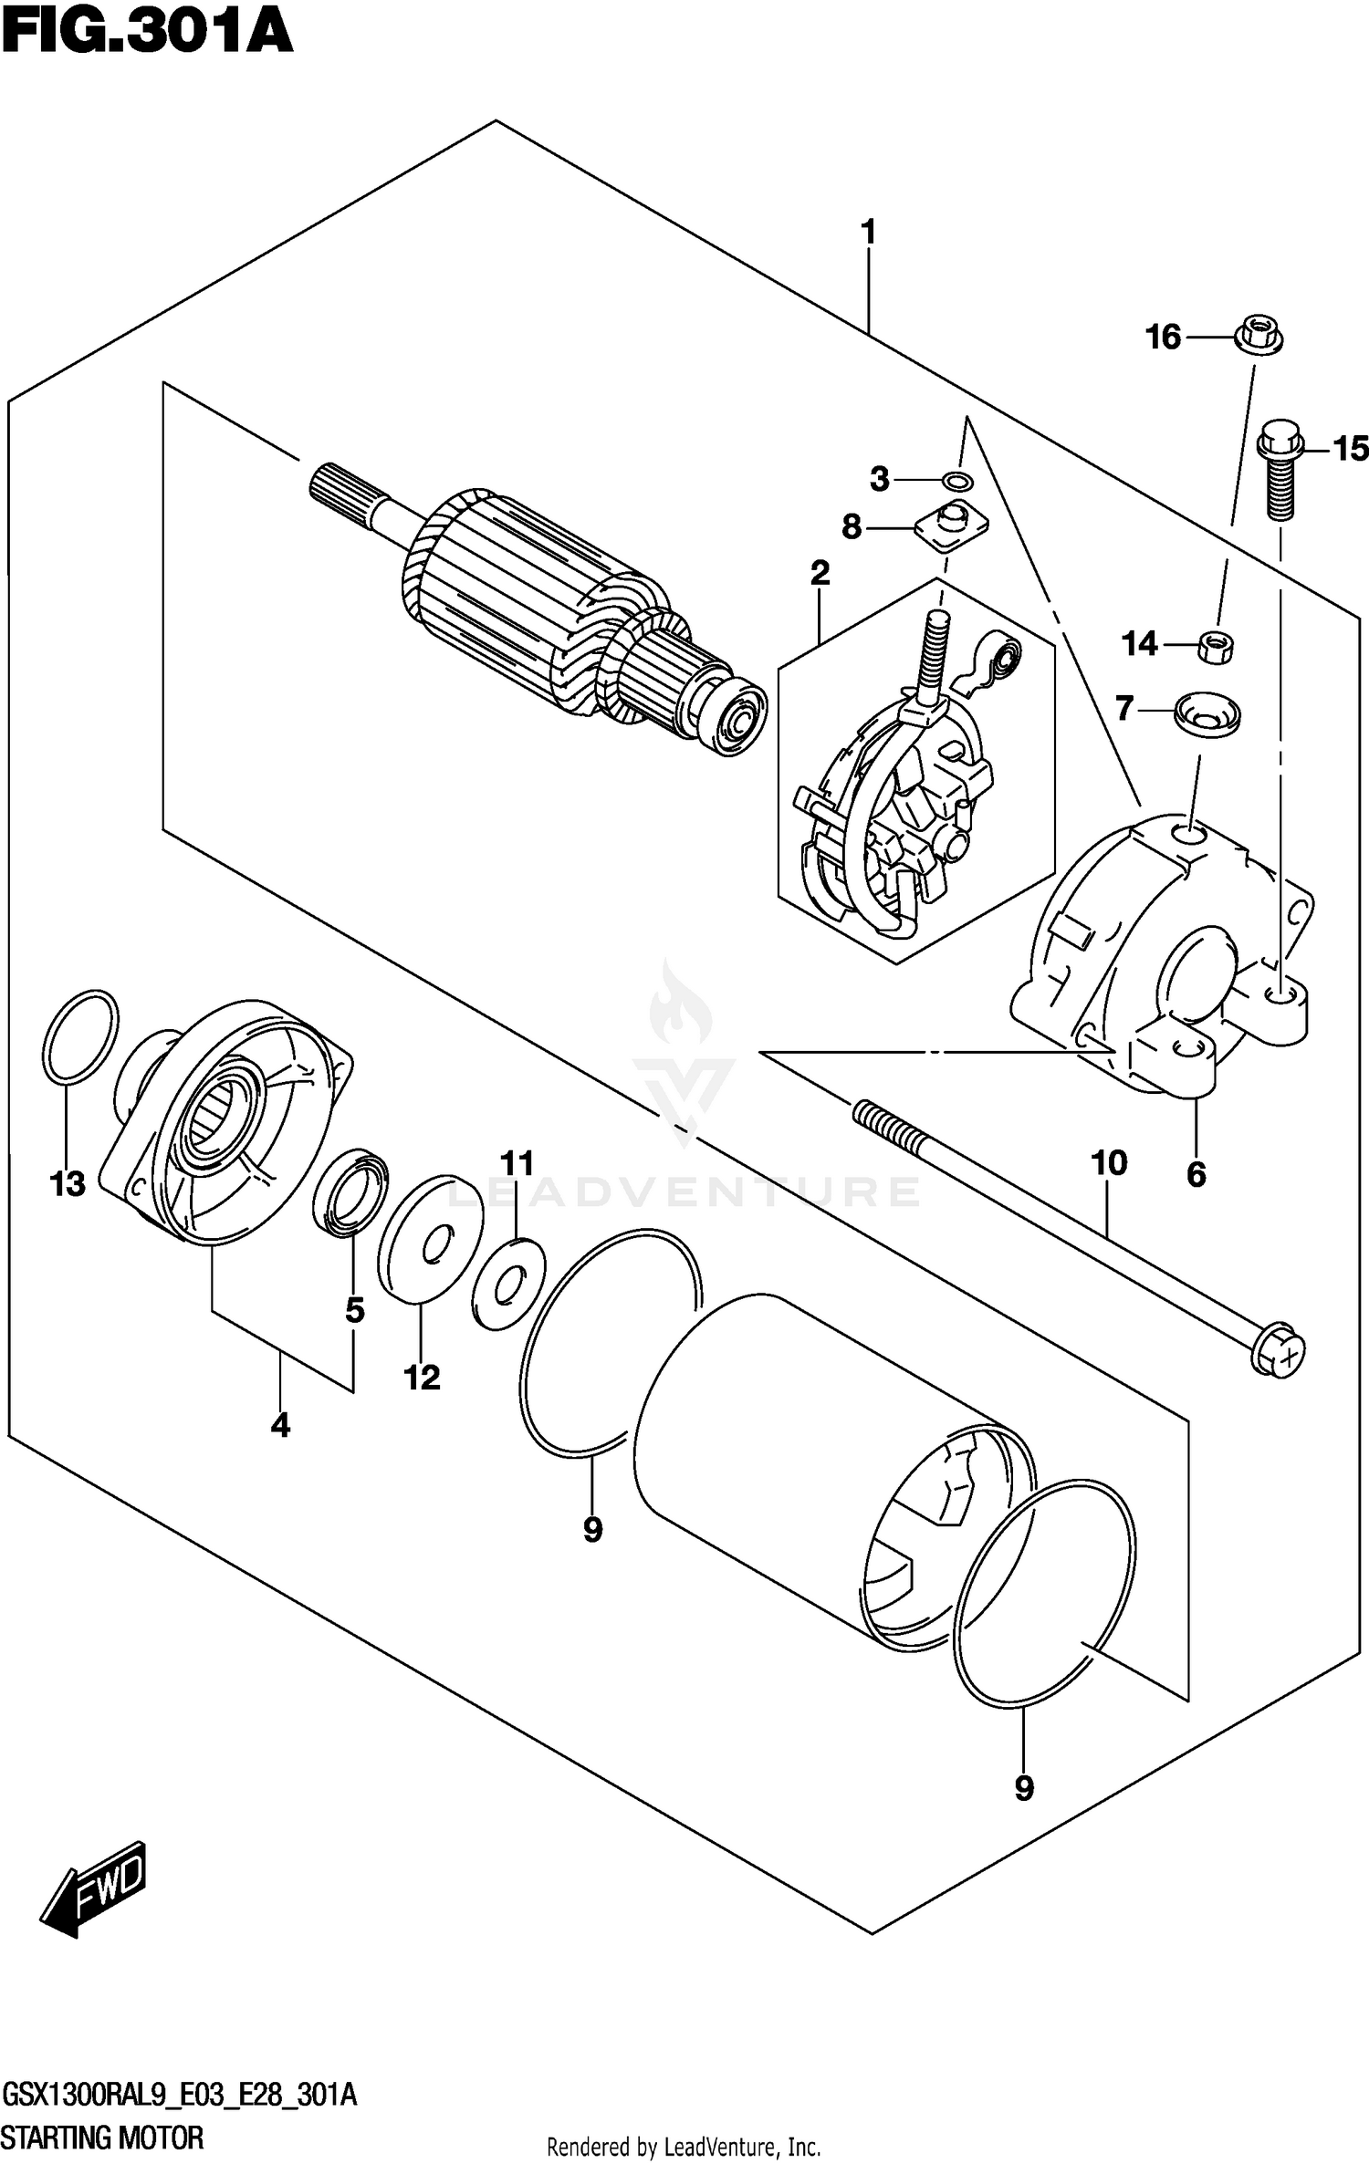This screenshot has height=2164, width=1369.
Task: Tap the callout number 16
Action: point(1163,338)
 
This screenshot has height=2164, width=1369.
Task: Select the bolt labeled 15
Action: point(1279,474)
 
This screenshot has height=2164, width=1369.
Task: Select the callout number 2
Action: point(820,574)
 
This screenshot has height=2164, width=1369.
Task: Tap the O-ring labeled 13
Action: point(80,1037)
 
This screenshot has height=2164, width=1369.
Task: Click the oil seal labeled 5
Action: point(350,1194)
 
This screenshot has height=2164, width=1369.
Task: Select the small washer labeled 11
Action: point(509,1285)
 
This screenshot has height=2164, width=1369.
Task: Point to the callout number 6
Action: point(1196,1174)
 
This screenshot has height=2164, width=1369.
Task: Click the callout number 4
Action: point(280,1424)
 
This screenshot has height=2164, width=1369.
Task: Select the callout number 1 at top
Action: point(868,233)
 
